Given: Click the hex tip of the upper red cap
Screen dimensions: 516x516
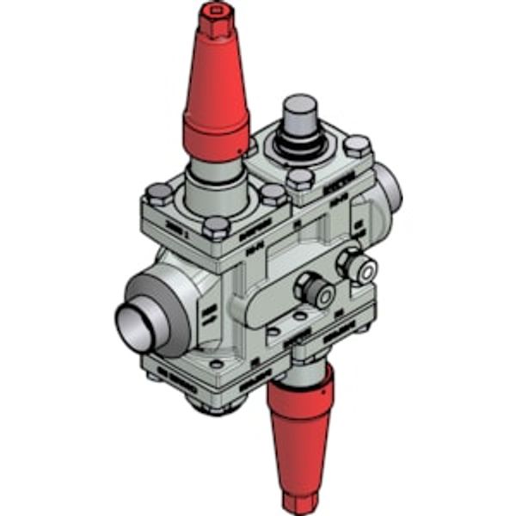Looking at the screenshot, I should pos(215,17).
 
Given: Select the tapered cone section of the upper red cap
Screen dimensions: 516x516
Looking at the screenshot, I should pos(215,77).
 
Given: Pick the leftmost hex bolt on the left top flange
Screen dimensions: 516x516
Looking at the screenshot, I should pos(158,193).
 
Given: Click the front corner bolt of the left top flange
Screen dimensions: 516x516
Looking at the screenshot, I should pos(217,228).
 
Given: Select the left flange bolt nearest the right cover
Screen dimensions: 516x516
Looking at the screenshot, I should pos(273,194).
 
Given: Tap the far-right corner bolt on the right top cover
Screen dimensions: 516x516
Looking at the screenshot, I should pos(357,145).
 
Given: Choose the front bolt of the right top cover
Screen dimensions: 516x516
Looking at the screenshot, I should pos(300,179).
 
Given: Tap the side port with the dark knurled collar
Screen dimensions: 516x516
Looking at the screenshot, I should pos(315,290).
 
